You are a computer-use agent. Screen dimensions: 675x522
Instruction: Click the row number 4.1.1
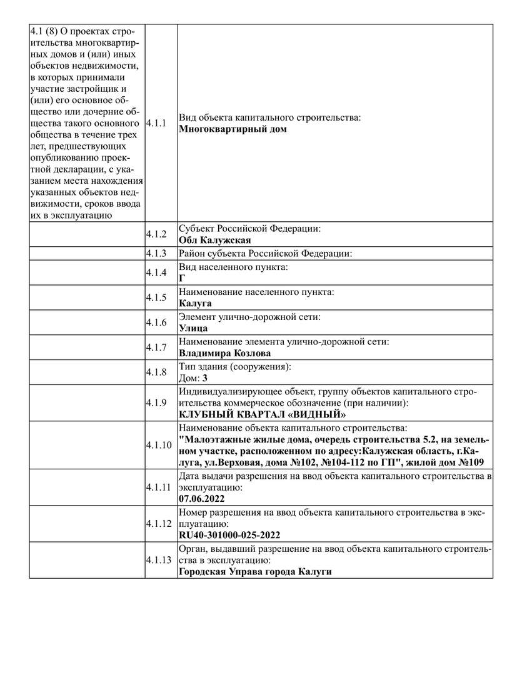tap(156, 124)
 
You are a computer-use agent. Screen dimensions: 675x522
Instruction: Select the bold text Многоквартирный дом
tap(233, 129)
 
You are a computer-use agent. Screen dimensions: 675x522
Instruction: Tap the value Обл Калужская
tap(214, 240)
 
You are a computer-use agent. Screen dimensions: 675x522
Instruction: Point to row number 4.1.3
tap(156, 254)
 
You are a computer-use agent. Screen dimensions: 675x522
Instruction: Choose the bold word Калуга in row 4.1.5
tap(195, 303)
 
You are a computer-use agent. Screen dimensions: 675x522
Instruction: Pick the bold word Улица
tap(193, 328)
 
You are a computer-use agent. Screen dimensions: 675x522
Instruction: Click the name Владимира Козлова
tap(224, 353)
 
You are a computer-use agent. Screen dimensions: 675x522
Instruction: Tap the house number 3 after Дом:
tap(204, 378)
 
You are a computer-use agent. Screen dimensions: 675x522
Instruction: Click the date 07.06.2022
tap(201, 499)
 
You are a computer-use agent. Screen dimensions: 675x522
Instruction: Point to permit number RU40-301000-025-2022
tap(229, 535)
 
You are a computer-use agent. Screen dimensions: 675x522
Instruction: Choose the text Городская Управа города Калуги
tap(254, 572)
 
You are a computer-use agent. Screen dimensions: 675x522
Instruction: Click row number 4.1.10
tap(158, 445)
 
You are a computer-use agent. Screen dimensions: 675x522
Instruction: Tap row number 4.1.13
tap(158, 559)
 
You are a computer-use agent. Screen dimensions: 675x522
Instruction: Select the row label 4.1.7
tap(156, 347)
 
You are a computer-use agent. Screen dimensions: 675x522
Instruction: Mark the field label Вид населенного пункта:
tap(233, 267)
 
